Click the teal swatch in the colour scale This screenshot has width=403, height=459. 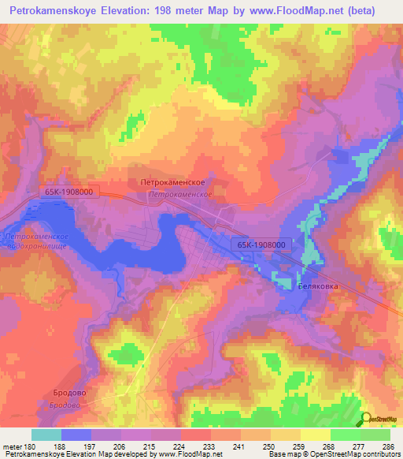click(x=46, y=435)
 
